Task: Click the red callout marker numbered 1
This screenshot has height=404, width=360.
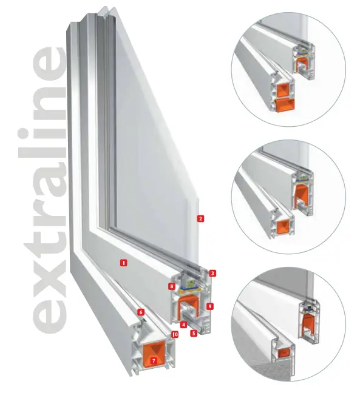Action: [x=124, y=263]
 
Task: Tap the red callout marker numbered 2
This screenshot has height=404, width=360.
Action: [x=200, y=219]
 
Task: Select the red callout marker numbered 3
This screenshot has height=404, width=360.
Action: [x=212, y=274]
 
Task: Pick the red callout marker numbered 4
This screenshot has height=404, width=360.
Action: [x=183, y=325]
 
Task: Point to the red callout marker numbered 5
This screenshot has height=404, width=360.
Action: [x=194, y=333]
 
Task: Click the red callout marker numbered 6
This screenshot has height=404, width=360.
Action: [x=141, y=312]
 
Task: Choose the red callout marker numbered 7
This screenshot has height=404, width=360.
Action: [x=154, y=360]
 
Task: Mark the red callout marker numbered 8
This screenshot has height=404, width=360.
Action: [x=171, y=286]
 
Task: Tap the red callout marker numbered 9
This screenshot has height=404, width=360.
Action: [x=210, y=306]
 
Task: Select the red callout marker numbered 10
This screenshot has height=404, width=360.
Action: [x=175, y=334]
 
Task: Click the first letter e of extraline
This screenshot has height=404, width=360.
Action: [x=50, y=312]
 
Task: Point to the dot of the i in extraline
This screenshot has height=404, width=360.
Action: [x=26, y=136]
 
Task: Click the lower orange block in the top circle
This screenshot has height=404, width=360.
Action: [x=285, y=106]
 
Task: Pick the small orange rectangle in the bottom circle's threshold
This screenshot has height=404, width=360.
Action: [x=284, y=352]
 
